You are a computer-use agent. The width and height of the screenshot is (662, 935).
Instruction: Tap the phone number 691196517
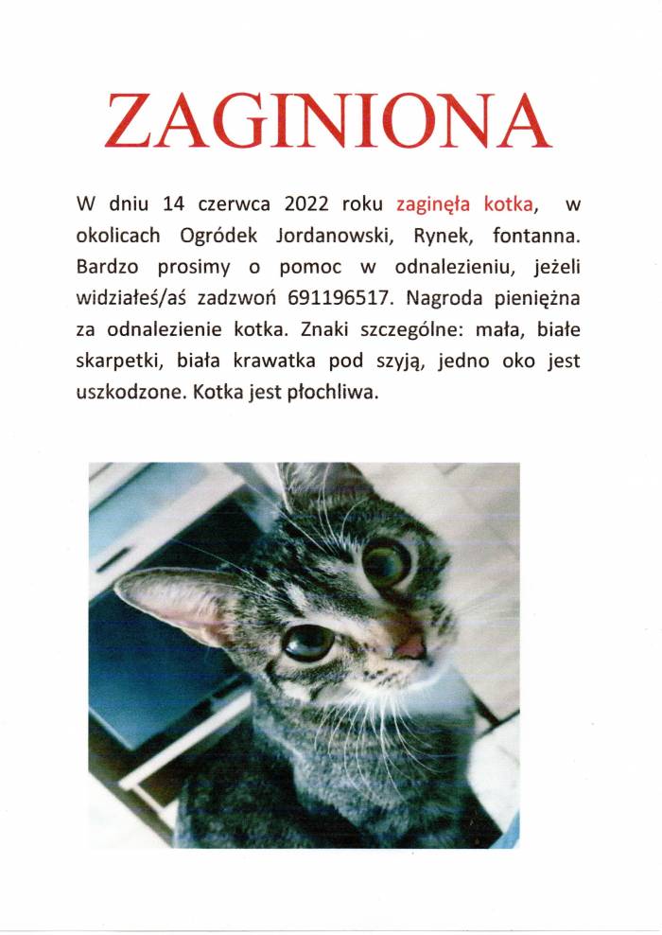pos(331,297)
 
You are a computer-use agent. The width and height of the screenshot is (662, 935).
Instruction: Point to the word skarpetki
pos(113,361)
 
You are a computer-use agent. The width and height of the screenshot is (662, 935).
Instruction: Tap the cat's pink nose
pos(410,646)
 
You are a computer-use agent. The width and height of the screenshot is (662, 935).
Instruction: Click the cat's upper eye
pos(386,563)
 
